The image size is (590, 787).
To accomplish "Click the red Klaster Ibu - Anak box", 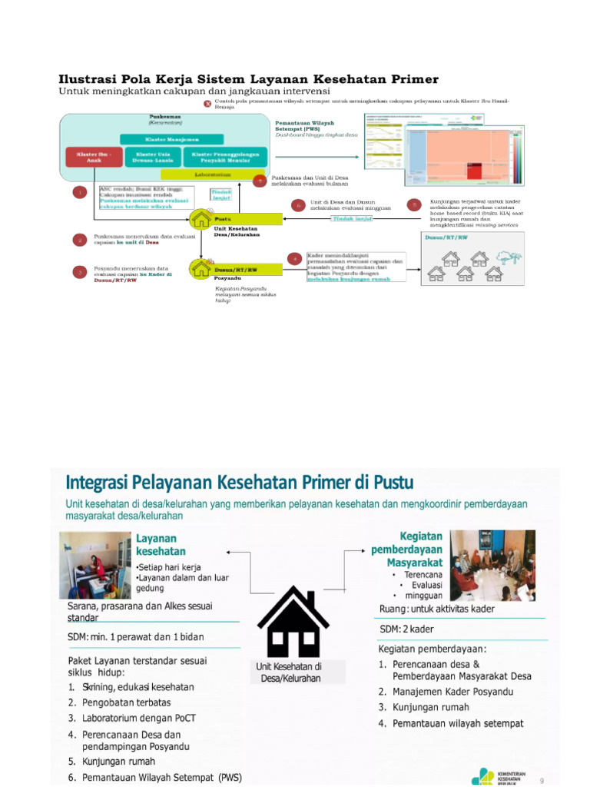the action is (93, 158).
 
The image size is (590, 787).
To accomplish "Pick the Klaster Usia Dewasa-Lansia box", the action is (153, 158).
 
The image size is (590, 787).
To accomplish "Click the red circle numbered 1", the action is (79, 192).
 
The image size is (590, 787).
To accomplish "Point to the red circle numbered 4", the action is (294, 258).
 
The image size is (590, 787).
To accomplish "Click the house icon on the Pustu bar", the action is (202, 218).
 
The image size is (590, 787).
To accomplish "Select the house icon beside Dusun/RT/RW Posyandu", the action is (202, 268).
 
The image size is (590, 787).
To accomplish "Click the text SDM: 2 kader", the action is (407, 629).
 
